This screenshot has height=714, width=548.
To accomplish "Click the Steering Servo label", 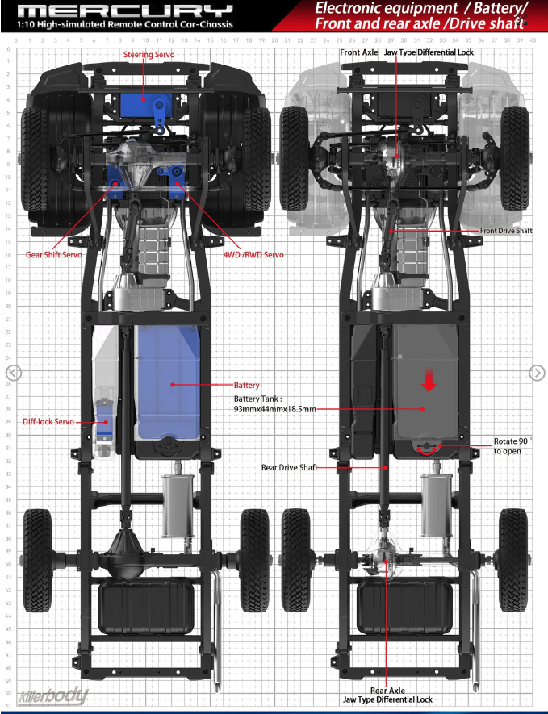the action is coord(149,55).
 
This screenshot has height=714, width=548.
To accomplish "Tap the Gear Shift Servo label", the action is coord(54,255).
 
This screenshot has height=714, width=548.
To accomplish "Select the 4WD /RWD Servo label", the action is coord(253,255).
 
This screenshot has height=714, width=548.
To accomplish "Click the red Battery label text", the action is coord(246,385).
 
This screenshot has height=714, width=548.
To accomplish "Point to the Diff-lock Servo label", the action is coord(48,422).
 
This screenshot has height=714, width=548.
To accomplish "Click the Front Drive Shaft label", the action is coord(506,231).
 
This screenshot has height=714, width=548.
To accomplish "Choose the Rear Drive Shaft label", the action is coord(289,467).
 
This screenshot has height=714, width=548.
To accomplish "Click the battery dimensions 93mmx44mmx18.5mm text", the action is coord(274,409).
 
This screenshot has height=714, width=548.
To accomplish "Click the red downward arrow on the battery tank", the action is coord(429,381).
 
